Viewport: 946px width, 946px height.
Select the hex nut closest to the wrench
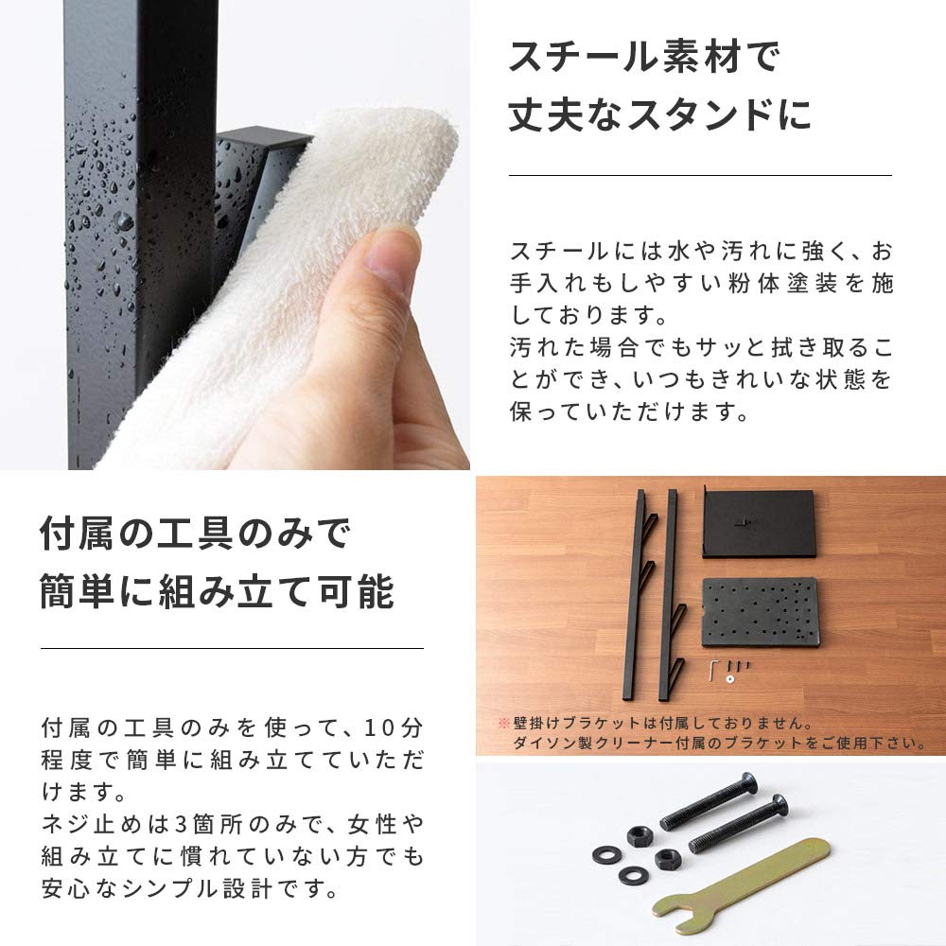click(x=668, y=857)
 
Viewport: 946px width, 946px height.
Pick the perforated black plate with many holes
click(x=761, y=613)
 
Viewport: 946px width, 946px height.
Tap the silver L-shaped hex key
click(x=713, y=669)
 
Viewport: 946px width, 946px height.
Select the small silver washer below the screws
click(x=731, y=679)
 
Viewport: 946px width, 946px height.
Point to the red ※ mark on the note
click(x=504, y=723)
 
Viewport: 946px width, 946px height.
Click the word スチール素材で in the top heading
click(x=643, y=57)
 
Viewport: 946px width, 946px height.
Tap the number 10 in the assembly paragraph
click(x=378, y=727)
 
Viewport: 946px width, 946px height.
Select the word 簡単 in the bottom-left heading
click(x=78, y=591)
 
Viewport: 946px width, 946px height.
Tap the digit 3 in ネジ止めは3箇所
click(x=181, y=824)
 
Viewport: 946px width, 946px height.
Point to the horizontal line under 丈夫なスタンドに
click(x=700, y=176)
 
